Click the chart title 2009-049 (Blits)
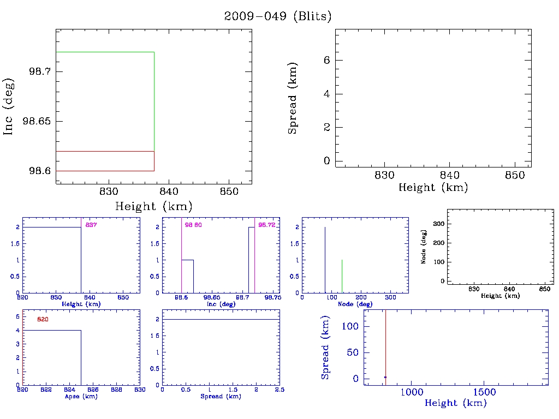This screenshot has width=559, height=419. pyautogui.click(x=278, y=16)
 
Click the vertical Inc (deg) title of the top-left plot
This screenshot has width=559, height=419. pyautogui.click(x=9, y=106)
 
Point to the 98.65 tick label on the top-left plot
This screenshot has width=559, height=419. pyautogui.click(x=37, y=121)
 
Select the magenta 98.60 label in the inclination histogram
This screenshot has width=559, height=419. pyautogui.click(x=193, y=225)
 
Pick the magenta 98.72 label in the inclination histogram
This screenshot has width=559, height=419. pyautogui.click(x=266, y=225)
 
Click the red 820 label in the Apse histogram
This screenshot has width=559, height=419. pyautogui.click(x=43, y=320)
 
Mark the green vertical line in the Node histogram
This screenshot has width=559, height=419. pyautogui.click(x=342, y=276)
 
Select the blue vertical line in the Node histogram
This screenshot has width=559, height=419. pyautogui.click(x=325, y=260)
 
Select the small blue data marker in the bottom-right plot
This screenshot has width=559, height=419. pyautogui.click(x=385, y=378)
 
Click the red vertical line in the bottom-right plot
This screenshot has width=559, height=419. pyautogui.click(x=385, y=344)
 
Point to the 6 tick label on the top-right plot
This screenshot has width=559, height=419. pyautogui.click(x=326, y=61)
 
